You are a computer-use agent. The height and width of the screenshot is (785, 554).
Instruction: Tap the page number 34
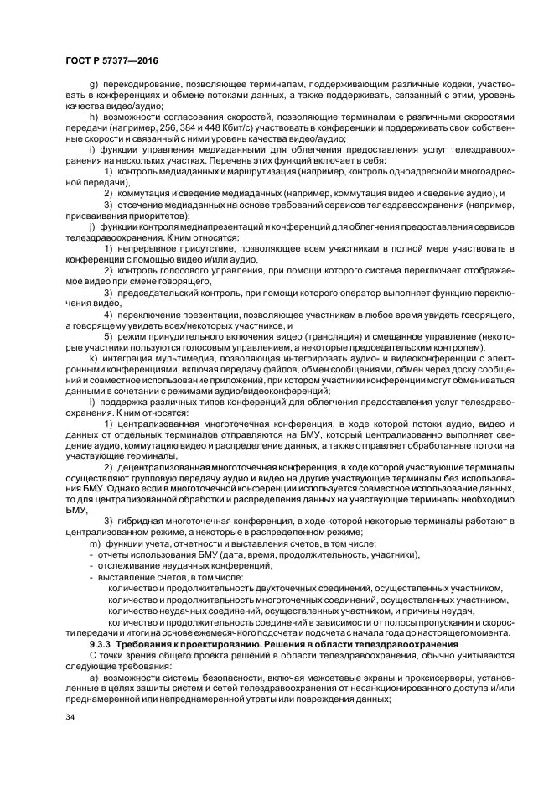coord(70,718)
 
